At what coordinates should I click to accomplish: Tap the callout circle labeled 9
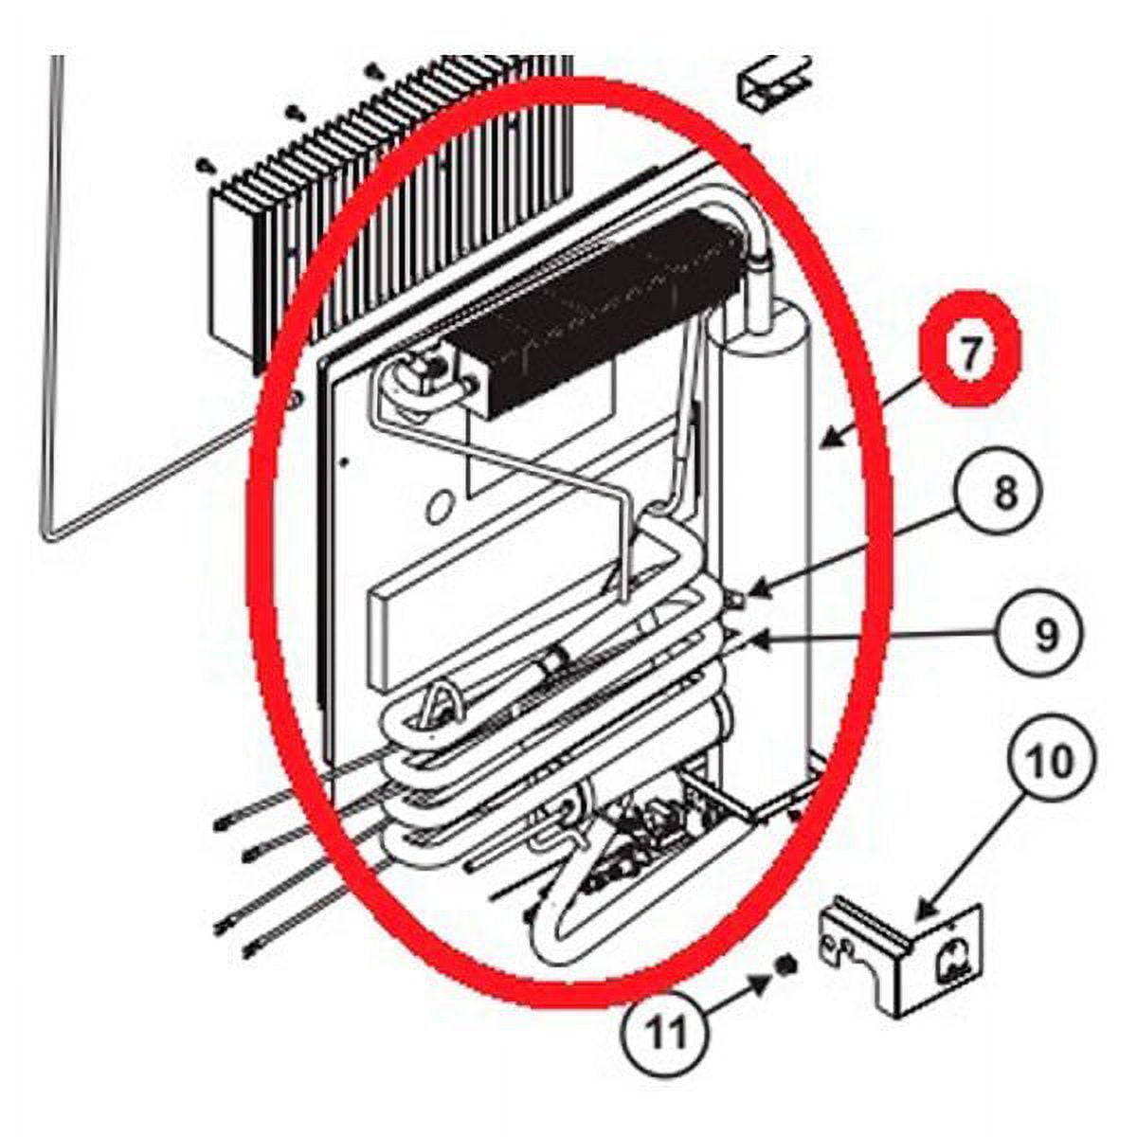[x=1045, y=637]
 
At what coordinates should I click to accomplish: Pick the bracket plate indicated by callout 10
[x=900, y=957]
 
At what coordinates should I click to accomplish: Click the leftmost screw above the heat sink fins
[x=204, y=166]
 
